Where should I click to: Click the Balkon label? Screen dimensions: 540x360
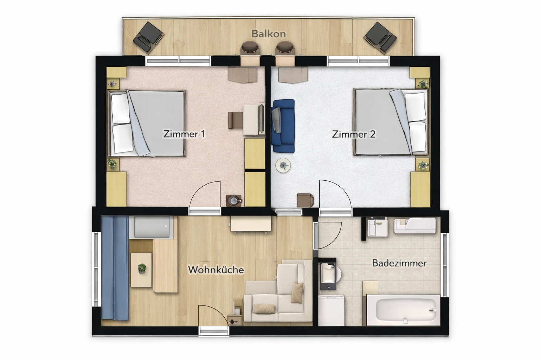[x=269, y=34]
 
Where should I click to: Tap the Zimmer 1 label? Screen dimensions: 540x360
[x=184, y=134]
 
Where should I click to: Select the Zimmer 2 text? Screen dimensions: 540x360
[x=354, y=134]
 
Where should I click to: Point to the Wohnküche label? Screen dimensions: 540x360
[x=216, y=270]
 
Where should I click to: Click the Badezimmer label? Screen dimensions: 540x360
[x=399, y=263]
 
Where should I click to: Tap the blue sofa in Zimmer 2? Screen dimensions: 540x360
[x=283, y=126]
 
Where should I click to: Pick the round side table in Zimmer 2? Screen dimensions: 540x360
[x=283, y=166]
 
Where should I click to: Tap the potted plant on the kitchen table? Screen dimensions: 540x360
[x=142, y=268]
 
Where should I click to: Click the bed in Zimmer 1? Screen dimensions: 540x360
[x=146, y=123]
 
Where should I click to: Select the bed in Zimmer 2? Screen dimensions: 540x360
[x=391, y=122]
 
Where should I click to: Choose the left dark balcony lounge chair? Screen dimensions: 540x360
[x=148, y=38]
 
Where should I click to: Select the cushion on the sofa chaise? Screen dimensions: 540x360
[x=297, y=292]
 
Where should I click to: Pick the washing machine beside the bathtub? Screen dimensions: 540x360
[x=331, y=310]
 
